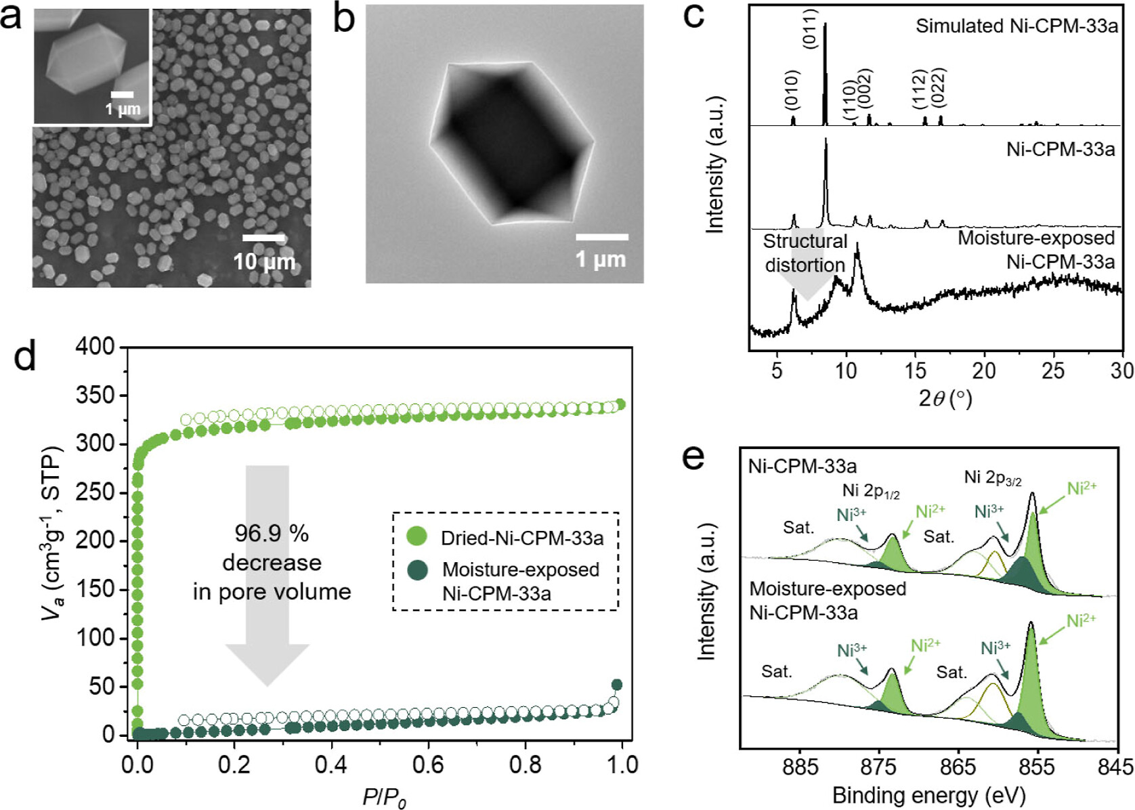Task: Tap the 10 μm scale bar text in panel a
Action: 264,261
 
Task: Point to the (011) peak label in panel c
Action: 811,28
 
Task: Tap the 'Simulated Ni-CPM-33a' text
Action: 1016,26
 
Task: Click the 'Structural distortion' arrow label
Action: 805,253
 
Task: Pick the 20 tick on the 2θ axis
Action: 984,370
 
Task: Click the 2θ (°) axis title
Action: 945,398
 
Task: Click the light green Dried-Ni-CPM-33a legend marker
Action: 417,537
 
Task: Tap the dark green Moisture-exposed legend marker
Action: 417,570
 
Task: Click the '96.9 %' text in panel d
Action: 272,534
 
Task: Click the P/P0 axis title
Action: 385,797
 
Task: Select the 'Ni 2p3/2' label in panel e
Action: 993,478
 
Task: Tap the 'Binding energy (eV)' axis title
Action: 928,794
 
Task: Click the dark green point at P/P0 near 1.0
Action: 616,685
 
